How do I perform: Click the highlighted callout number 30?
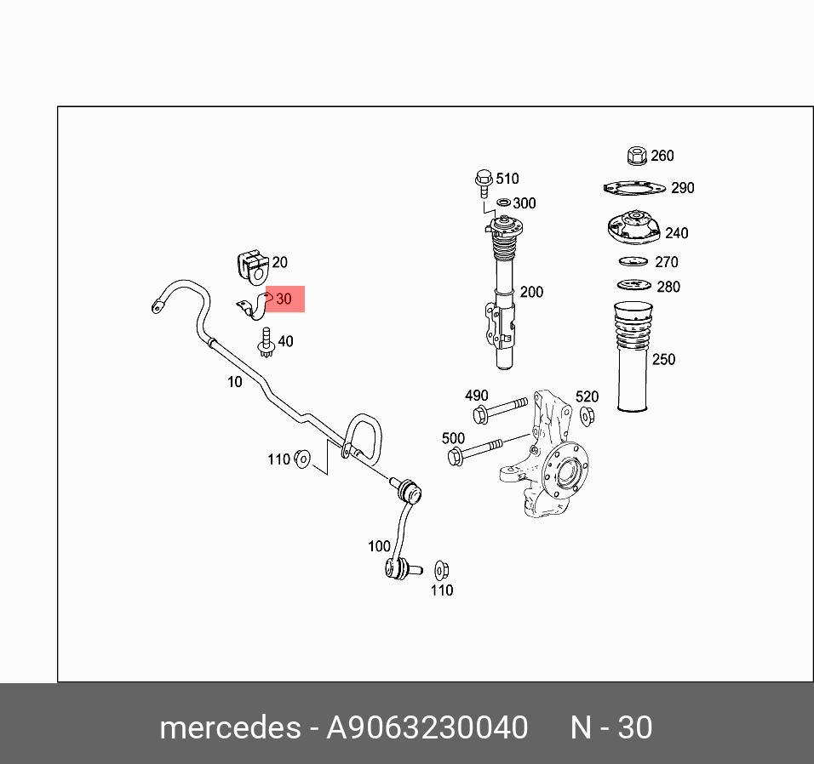tap(284, 299)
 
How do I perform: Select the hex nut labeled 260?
tap(634, 156)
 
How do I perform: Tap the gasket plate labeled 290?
tap(633, 188)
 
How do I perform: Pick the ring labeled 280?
tap(633, 285)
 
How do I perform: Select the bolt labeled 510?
tap(483, 180)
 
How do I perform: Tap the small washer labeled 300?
tap(503, 202)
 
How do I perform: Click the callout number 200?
tap(531, 292)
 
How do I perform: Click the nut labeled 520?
tap(587, 415)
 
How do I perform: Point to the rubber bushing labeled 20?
tap(250, 265)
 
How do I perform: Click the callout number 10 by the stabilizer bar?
tap(234, 382)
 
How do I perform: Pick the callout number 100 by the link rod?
tap(379, 546)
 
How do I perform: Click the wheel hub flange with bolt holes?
tap(565, 470)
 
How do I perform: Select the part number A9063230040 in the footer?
tap(427, 728)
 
